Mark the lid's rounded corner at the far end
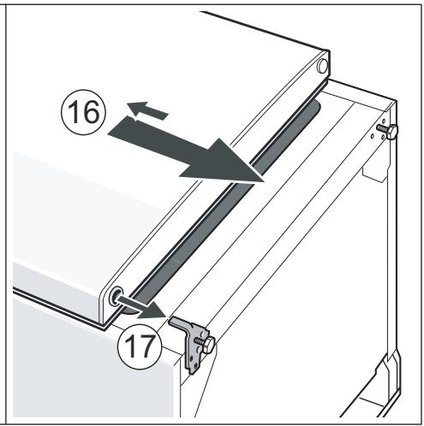click(325, 58)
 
